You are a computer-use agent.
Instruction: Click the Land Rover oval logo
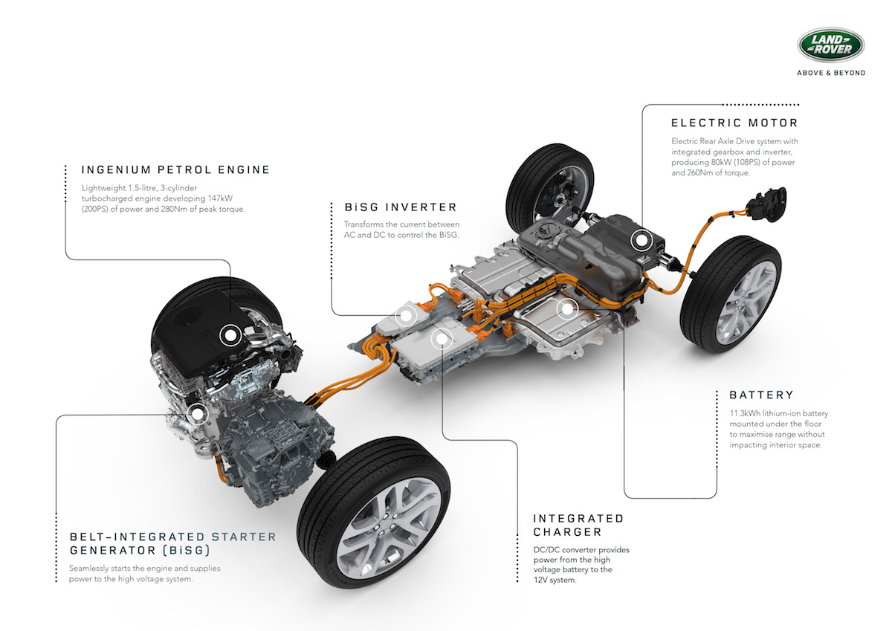click(831, 45)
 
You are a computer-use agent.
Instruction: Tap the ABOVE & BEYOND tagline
click(831, 73)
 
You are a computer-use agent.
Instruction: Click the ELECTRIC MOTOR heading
click(734, 123)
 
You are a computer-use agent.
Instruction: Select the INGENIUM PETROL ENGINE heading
click(175, 169)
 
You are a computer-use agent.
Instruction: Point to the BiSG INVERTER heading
click(401, 207)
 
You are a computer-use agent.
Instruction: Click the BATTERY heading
click(761, 395)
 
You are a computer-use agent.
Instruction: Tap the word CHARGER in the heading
click(567, 532)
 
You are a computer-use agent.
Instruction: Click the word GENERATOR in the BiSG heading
click(113, 550)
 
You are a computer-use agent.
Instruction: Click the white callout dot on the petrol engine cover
click(230, 336)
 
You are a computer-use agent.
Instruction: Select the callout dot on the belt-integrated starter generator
click(197, 414)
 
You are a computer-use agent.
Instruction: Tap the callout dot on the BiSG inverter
click(406, 316)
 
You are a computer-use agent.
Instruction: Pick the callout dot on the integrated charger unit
click(442, 339)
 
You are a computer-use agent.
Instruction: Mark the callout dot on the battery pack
click(567, 308)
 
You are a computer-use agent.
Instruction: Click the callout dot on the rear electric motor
click(641, 240)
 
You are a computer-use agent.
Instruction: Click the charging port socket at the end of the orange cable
click(767, 204)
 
